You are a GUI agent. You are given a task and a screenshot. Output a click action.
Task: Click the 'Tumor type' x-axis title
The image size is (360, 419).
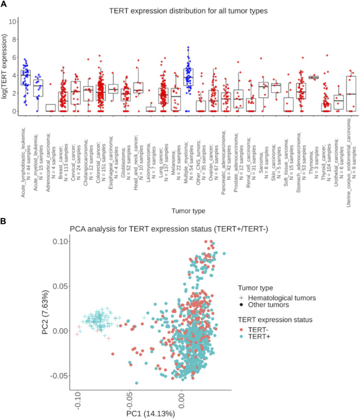(186, 209)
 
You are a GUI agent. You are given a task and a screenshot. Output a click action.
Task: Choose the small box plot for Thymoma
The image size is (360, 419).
(314, 77)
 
